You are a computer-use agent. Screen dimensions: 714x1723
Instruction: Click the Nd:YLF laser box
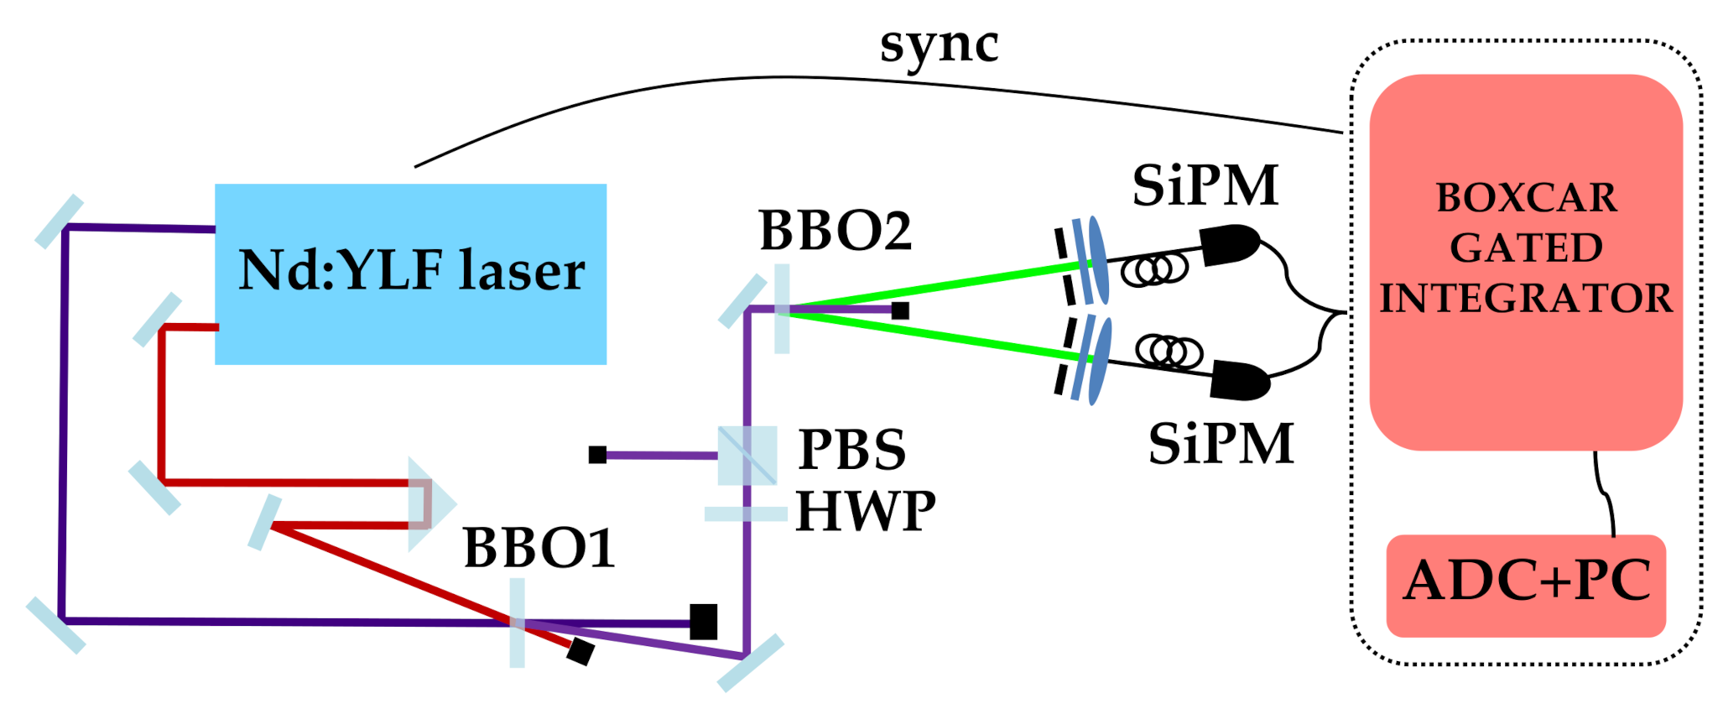[410, 274]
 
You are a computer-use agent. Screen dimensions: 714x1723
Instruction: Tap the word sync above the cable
[939, 45]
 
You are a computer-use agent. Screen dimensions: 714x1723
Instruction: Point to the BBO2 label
[835, 230]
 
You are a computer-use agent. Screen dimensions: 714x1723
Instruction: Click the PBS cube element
[747, 455]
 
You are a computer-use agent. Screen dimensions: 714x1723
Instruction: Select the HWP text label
[865, 511]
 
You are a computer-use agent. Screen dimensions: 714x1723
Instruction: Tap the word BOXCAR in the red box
[1526, 198]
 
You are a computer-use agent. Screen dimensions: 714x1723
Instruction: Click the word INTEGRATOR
[1526, 299]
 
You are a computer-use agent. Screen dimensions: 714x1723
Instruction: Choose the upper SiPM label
[1205, 185]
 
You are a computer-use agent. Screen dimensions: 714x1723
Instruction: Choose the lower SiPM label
[1221, 444]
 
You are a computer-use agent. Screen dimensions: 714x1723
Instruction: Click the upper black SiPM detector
[1230, 244]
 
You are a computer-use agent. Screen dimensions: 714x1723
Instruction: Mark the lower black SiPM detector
[1241, 380]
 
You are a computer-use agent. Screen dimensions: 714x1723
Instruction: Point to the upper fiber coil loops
[1155, 269]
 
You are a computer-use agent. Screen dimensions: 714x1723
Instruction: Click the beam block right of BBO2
[900, 310]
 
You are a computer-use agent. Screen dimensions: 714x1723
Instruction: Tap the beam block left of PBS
[597, 455]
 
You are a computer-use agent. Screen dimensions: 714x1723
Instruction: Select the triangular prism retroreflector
[429, 504]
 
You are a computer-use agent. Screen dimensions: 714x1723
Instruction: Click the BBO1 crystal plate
[518, 623]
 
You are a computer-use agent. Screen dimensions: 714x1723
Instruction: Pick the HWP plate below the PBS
[745, 514]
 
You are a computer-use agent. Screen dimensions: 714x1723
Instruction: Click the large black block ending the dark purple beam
[703, 622]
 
